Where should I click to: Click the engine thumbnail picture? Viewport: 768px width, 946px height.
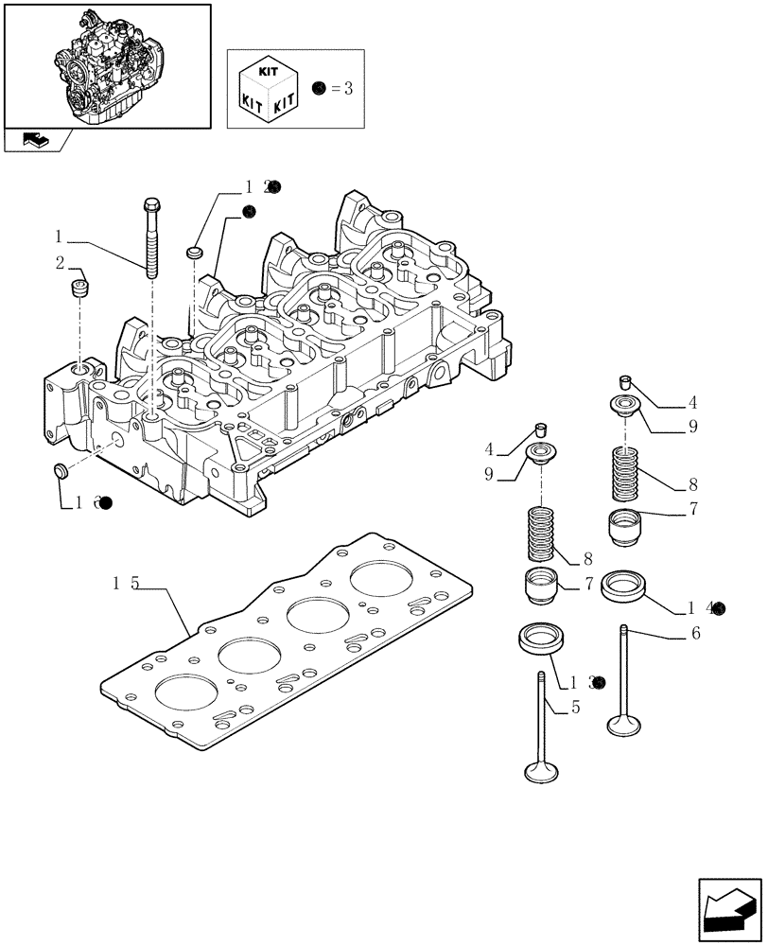tap(106, 66)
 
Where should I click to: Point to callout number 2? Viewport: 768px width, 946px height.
tap(60, 262)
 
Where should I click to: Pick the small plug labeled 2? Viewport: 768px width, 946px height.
tap(80, 287)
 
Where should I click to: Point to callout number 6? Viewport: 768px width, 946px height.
tap(695, 634)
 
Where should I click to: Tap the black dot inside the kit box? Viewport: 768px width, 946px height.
tap(318, 90)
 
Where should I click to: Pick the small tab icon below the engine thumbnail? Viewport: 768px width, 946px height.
tap(35, 140)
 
